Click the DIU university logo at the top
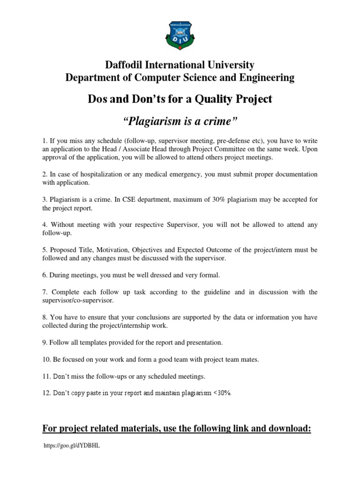[180, 33]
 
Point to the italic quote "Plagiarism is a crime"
[180, 122]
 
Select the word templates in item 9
[87, 343]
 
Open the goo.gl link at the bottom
[71, 446]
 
